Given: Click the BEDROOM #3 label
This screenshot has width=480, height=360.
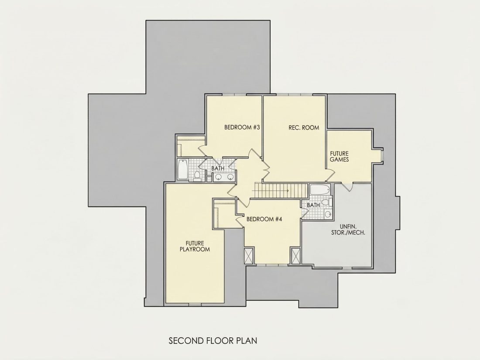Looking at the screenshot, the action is click(x=242, y=127).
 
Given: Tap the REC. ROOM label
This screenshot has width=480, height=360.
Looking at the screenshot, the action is click(x=304, y=127).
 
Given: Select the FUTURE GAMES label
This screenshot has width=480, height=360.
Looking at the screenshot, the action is click(x=339, y=156).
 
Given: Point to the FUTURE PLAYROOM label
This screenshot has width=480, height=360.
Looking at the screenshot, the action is click(x=195, y=247).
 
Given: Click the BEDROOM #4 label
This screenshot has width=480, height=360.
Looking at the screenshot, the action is click(x=264, y=219).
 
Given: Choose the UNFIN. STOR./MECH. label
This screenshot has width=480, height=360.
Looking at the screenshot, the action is click(x=348, y=230).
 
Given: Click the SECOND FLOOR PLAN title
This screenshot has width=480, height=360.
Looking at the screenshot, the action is click(x=213, y=341).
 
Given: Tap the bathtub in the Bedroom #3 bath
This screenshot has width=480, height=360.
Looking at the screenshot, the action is click(x=183, y=169).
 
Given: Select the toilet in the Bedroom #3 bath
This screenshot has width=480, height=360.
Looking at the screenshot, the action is click(x=197, y=176).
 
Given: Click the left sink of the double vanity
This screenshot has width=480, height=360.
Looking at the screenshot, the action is click(x=218, y=177).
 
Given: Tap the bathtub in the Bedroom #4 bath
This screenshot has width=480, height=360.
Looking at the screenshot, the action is click(x=319, y=189).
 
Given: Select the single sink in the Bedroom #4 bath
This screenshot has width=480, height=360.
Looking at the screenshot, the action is click(x=328, y=214).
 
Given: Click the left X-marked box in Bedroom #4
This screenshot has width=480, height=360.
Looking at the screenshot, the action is click(x=248, y=256).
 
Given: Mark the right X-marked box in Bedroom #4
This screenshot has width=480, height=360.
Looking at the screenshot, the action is click(x=295, y=256).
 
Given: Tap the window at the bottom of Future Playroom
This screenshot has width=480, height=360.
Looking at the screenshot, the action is click(x=195, y=304).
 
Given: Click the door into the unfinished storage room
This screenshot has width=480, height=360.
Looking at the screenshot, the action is click(x=347, y=187).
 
